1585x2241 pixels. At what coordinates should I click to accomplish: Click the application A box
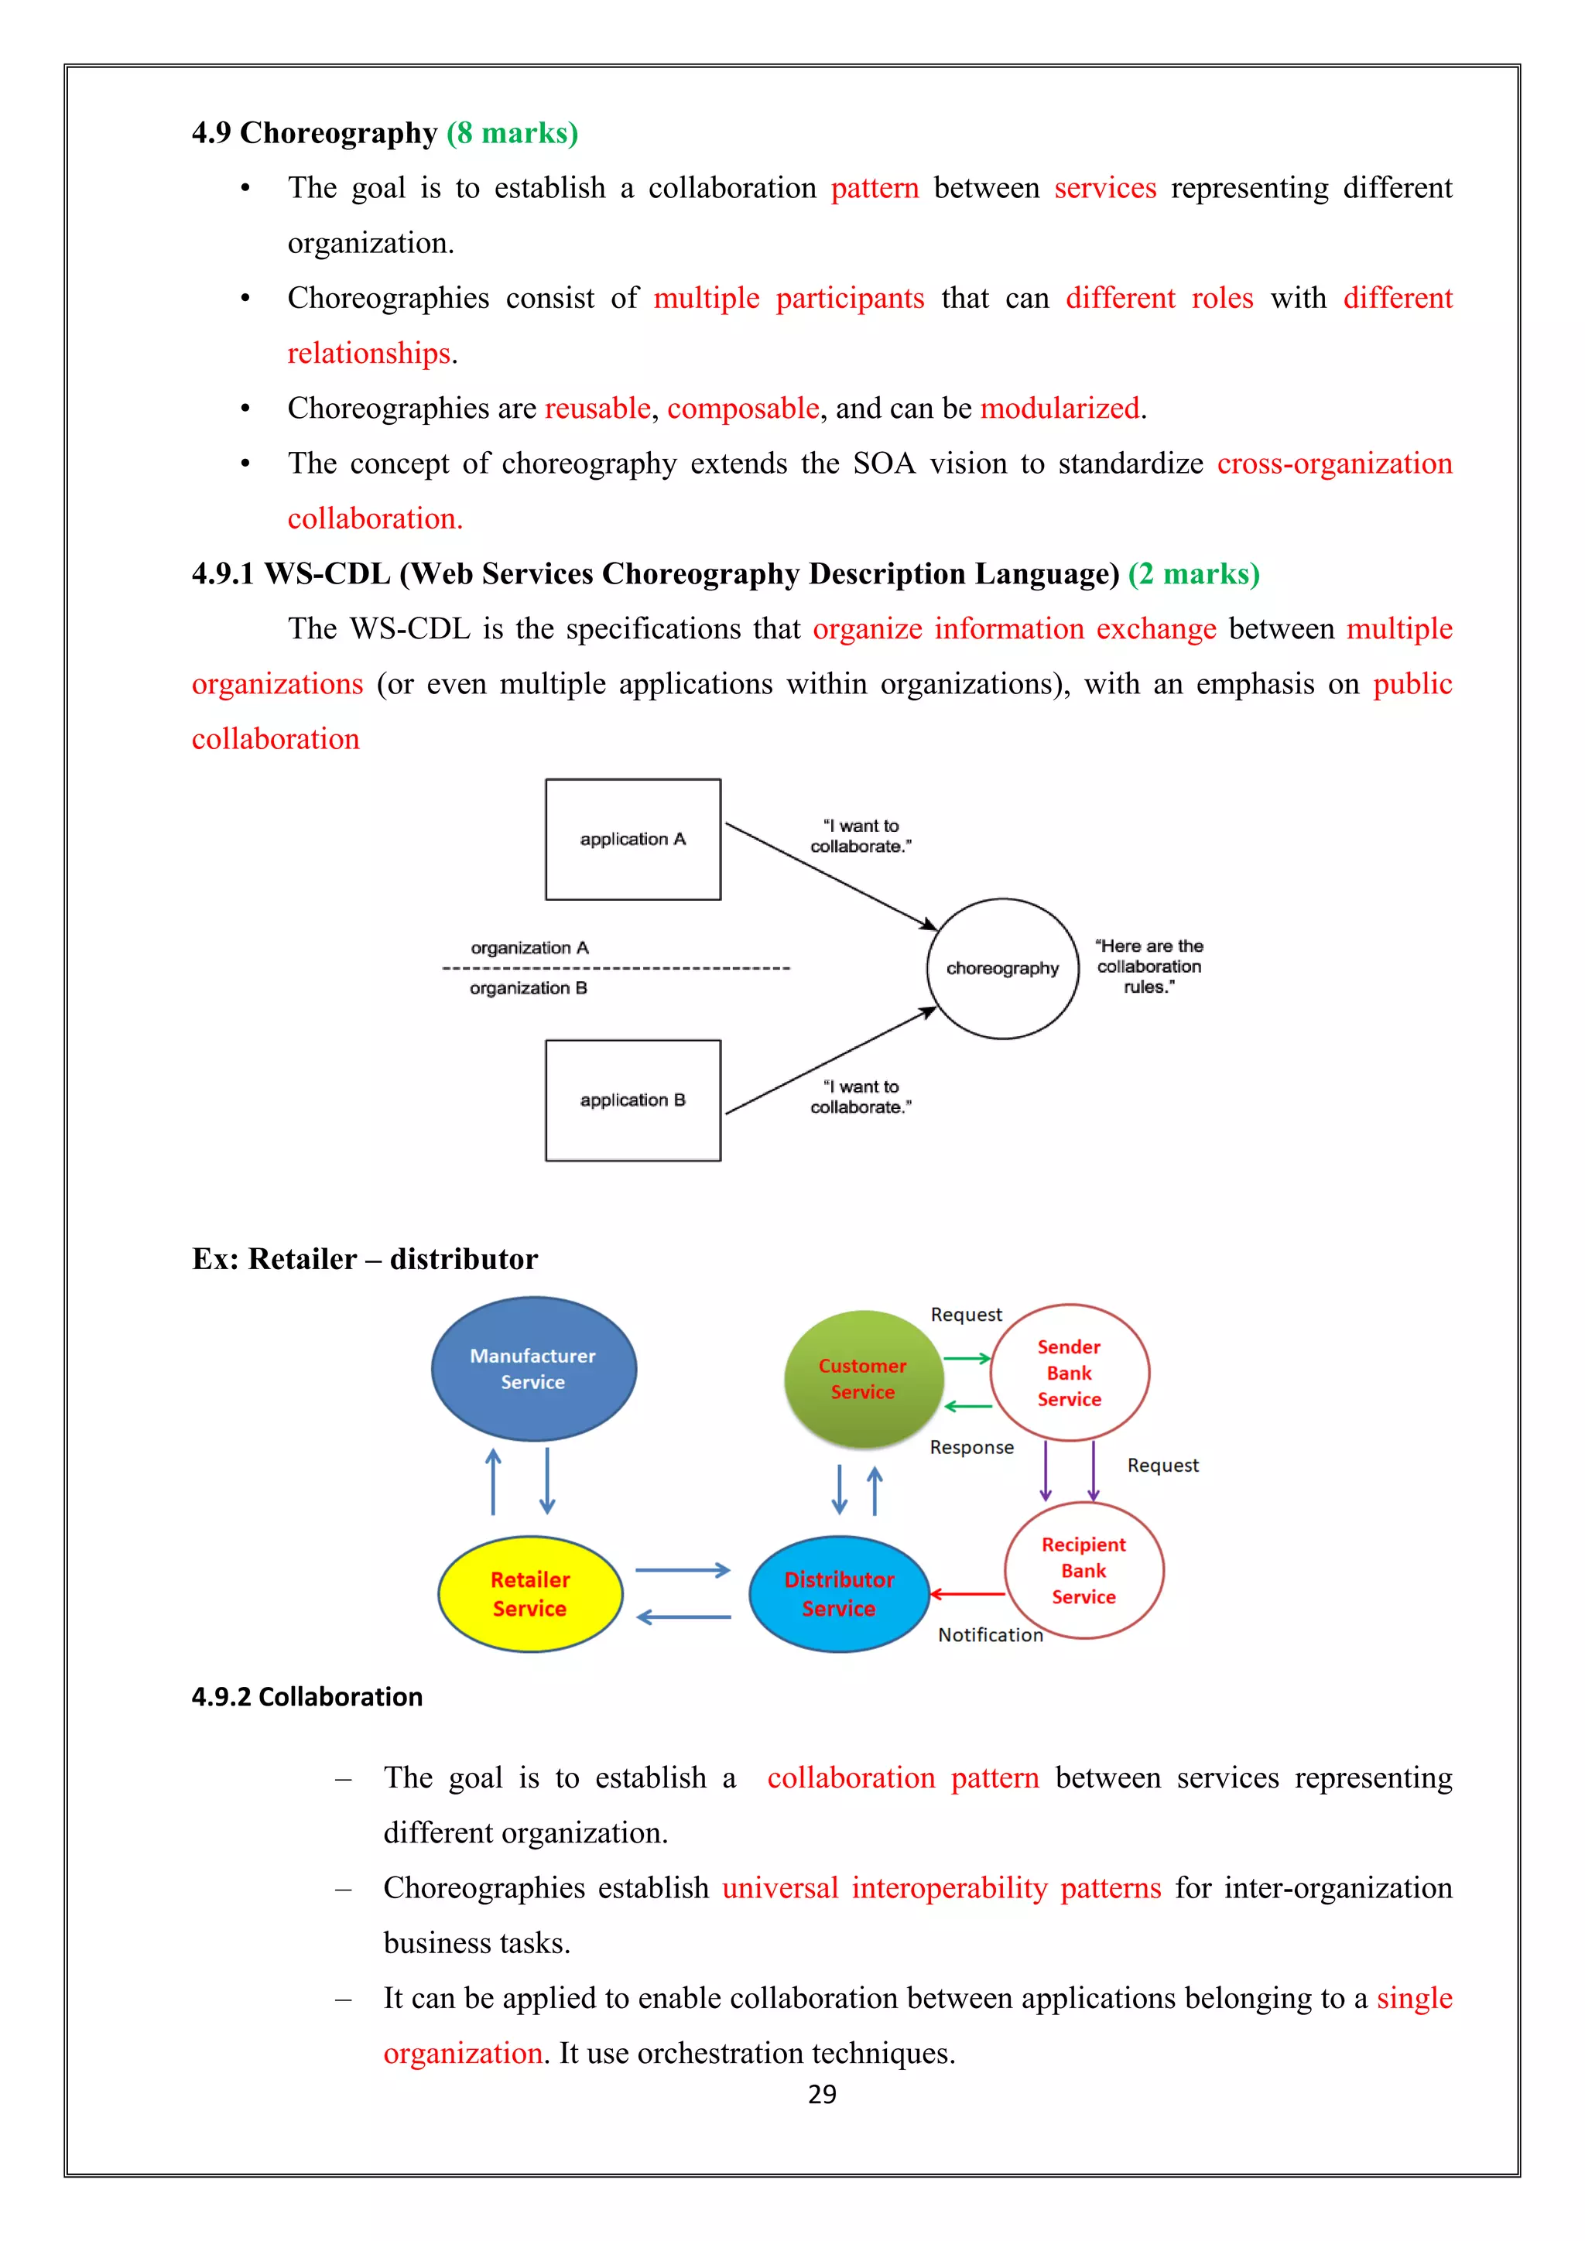(x=632, y=840)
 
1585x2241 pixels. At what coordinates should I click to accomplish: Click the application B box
(x=632, y=1100)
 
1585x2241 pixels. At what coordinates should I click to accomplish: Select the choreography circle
(x=1002, y=968)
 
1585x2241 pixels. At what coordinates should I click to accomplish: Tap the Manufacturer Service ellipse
(x=533, y=1368)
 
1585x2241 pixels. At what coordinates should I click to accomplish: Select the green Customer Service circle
(x=863, y=1378)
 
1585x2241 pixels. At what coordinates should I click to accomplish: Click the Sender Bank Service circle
(x=1069, y=1372)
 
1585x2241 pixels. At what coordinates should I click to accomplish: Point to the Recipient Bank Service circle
(x=1083, y=1570)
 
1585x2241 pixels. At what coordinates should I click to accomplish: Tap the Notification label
(x=990, y=1635)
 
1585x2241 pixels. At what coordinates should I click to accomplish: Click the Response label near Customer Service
(x=971, y=1448)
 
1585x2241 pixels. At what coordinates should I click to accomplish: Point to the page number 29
(x=822, y=2094)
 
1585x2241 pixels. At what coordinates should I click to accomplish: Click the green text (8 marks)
(x=512, y=133)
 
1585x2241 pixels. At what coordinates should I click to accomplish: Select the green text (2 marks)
(x=1193, y=574)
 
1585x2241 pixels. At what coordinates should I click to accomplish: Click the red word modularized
(x=1060, y=408)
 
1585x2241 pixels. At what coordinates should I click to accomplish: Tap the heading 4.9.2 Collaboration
(x=306, y=1697)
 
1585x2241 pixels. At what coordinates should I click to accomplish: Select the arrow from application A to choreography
(x=830, y=875)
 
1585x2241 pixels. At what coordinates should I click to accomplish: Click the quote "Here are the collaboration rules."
(x=1149, y=967)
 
